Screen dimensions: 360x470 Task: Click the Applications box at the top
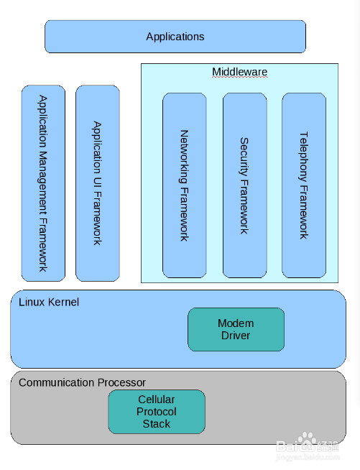click(175, 37)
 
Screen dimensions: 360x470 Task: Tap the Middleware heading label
click(239, 72)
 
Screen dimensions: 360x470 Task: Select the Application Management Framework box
click(43, 183)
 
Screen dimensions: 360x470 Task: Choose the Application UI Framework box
click(98, 183)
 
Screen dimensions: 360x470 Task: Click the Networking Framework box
click(185, 185)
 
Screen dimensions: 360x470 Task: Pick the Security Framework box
click(244, 185)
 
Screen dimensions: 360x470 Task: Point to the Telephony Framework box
click(304, 185)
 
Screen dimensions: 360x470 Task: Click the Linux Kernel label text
click(49, 302)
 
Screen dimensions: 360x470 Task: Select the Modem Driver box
click(236, 329)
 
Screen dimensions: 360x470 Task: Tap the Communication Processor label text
click(82, 383)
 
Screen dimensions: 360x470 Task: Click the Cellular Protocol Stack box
click(157, 412)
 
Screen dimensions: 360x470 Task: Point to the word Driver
click(236, 336)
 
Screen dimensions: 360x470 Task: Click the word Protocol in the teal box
click(156, 413)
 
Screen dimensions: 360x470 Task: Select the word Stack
click(157, 424)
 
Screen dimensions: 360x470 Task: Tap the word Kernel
click(63, 302)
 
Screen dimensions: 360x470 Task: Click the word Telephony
click(304, 157)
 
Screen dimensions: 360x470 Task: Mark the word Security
click(244, 157)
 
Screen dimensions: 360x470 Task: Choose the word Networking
click(184, 157)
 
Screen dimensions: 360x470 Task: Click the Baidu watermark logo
click(308, 443)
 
